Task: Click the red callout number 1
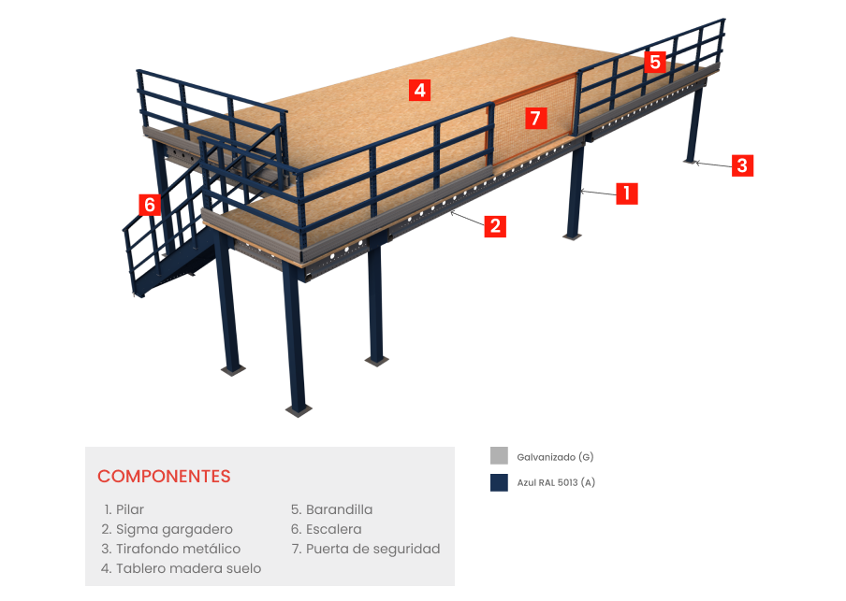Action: coord(626,194)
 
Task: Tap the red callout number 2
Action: coord(495,225)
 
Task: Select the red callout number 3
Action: coord(741,166)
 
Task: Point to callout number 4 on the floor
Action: coord(420,91)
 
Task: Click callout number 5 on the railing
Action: coord(655,63)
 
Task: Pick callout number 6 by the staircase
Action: coord(149,204)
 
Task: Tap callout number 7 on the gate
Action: coord(534,118)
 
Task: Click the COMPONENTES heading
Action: coord(164,476)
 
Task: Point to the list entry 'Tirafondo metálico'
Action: coord(177,549)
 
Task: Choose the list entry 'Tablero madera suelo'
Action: coord(187,568)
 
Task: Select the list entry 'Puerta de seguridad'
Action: coord(372,549)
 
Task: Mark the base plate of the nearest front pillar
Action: coord(298,409)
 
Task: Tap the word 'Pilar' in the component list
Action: coord(130,509)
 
